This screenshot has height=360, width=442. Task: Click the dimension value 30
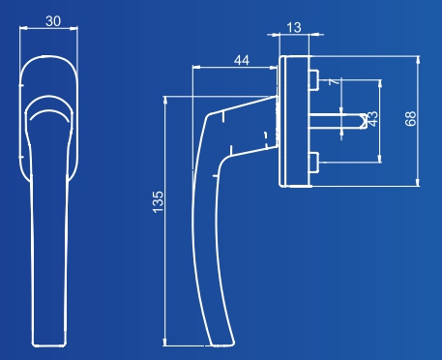click(x=53, y=21)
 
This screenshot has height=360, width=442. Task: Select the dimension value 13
click(x=294, y=28)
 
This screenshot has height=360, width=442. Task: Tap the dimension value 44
click(x=242, y=60)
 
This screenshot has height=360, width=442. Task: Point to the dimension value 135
click(x=158, y=202)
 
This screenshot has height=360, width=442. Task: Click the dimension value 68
click(x=411, y=118)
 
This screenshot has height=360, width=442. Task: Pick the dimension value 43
click(x=372, y=119)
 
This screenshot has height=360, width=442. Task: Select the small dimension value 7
click(x=335, y=81)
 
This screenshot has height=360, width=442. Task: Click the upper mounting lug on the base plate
click(x=314, y=79)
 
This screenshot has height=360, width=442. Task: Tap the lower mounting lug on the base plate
click(x=314, y=163)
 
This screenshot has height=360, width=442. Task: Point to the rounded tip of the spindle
click(x=365, y=121)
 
